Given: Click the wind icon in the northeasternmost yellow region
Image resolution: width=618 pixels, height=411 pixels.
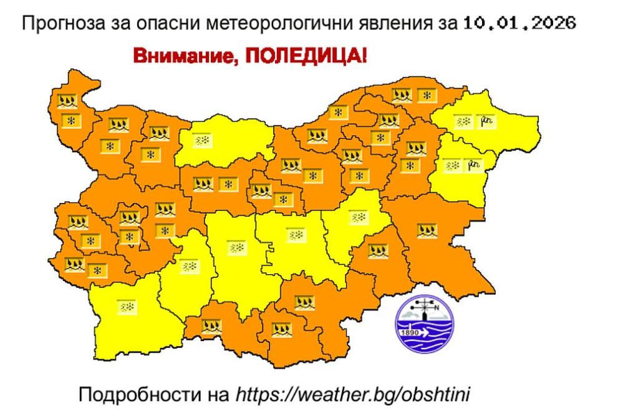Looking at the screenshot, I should (x=485, y=122).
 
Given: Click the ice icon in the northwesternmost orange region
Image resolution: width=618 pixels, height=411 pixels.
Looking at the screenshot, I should (x=67, y=100).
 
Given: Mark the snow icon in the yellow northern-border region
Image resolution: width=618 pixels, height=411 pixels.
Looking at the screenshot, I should (x=201, y=142).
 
